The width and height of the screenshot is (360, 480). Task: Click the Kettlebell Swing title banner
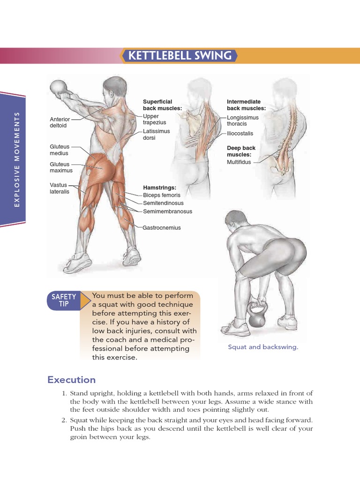click(180, 56)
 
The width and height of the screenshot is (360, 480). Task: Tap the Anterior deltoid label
click(60, 122)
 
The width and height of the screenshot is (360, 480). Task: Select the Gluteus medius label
click(59, 150)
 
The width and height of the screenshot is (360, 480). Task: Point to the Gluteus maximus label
click(61, 167)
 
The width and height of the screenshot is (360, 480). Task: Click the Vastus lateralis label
click(60, 188)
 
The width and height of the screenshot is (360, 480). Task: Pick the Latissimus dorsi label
click(156, 135)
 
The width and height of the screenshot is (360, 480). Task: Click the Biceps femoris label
click(161, 195)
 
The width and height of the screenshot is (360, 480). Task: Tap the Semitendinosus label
click(163, 203)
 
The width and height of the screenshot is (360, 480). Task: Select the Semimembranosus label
click(167, 211)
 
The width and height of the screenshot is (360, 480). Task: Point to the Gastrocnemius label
click(162, 228)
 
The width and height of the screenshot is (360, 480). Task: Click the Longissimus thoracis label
click(242, 120)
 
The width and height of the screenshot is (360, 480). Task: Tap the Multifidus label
click(239, 162)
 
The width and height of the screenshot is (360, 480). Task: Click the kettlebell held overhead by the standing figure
click(59, 88)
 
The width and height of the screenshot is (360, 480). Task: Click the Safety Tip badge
click(64, 300)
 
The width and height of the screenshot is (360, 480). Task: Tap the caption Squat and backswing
click(263, 347)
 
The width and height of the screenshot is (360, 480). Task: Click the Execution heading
click(71, 380)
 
